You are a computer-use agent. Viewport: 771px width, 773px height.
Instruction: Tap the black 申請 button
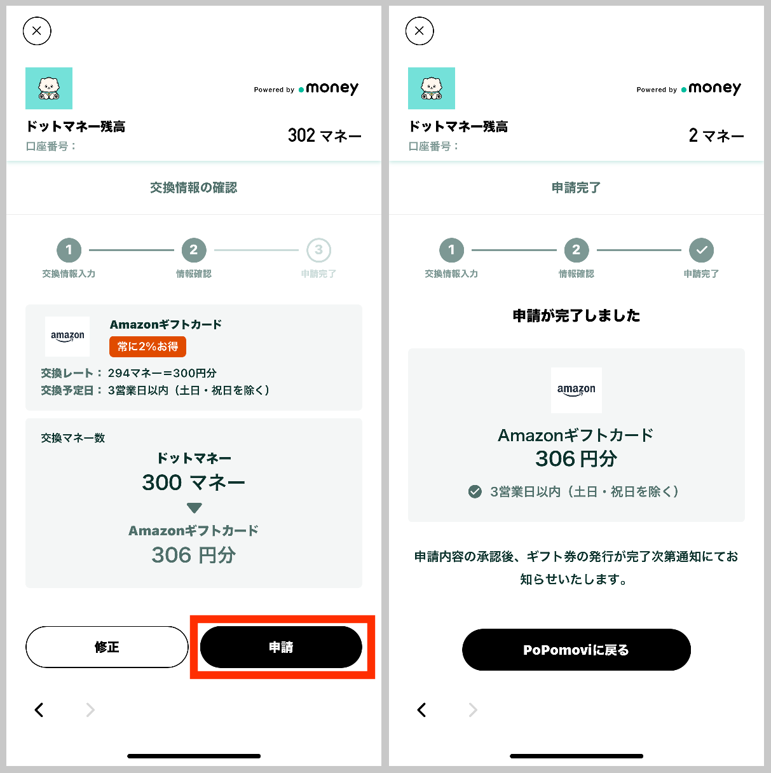pos(281,647)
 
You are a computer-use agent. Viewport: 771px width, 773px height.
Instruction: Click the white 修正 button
pos(107,647)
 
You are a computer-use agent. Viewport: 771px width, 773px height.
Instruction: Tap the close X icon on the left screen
pos(37,31)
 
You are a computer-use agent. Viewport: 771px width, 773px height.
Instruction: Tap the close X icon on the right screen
pos(420,31)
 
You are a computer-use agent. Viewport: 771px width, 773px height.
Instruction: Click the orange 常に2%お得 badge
pos(147,346)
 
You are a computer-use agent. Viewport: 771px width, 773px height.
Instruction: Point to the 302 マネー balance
pos(324,135)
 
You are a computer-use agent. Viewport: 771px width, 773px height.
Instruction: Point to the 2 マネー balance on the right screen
pos(716,135)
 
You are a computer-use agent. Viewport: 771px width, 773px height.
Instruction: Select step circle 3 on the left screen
pos(318,250)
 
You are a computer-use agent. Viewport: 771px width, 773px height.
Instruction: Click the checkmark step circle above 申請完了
pos(701,250)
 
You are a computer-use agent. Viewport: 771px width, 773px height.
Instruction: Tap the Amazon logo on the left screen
pos(67,336)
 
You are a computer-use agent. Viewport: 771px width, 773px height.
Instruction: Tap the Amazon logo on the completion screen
pos(576,390)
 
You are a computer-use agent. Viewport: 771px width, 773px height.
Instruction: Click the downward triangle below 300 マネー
pos(194,508)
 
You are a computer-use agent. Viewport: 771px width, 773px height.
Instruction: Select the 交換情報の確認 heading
pos(193,188)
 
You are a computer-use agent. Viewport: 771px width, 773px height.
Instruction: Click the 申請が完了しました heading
pos(576,315)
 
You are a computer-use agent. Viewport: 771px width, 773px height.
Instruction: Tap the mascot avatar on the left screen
pos(49,88)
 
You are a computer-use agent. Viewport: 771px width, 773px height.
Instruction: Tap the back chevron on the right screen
pos(421,710)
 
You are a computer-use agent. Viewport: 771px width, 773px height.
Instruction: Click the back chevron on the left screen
pos(39,710)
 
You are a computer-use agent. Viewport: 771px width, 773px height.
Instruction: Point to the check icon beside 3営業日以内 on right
pos(475,491)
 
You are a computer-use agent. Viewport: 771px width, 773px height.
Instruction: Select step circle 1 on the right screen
pos(451,250)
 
